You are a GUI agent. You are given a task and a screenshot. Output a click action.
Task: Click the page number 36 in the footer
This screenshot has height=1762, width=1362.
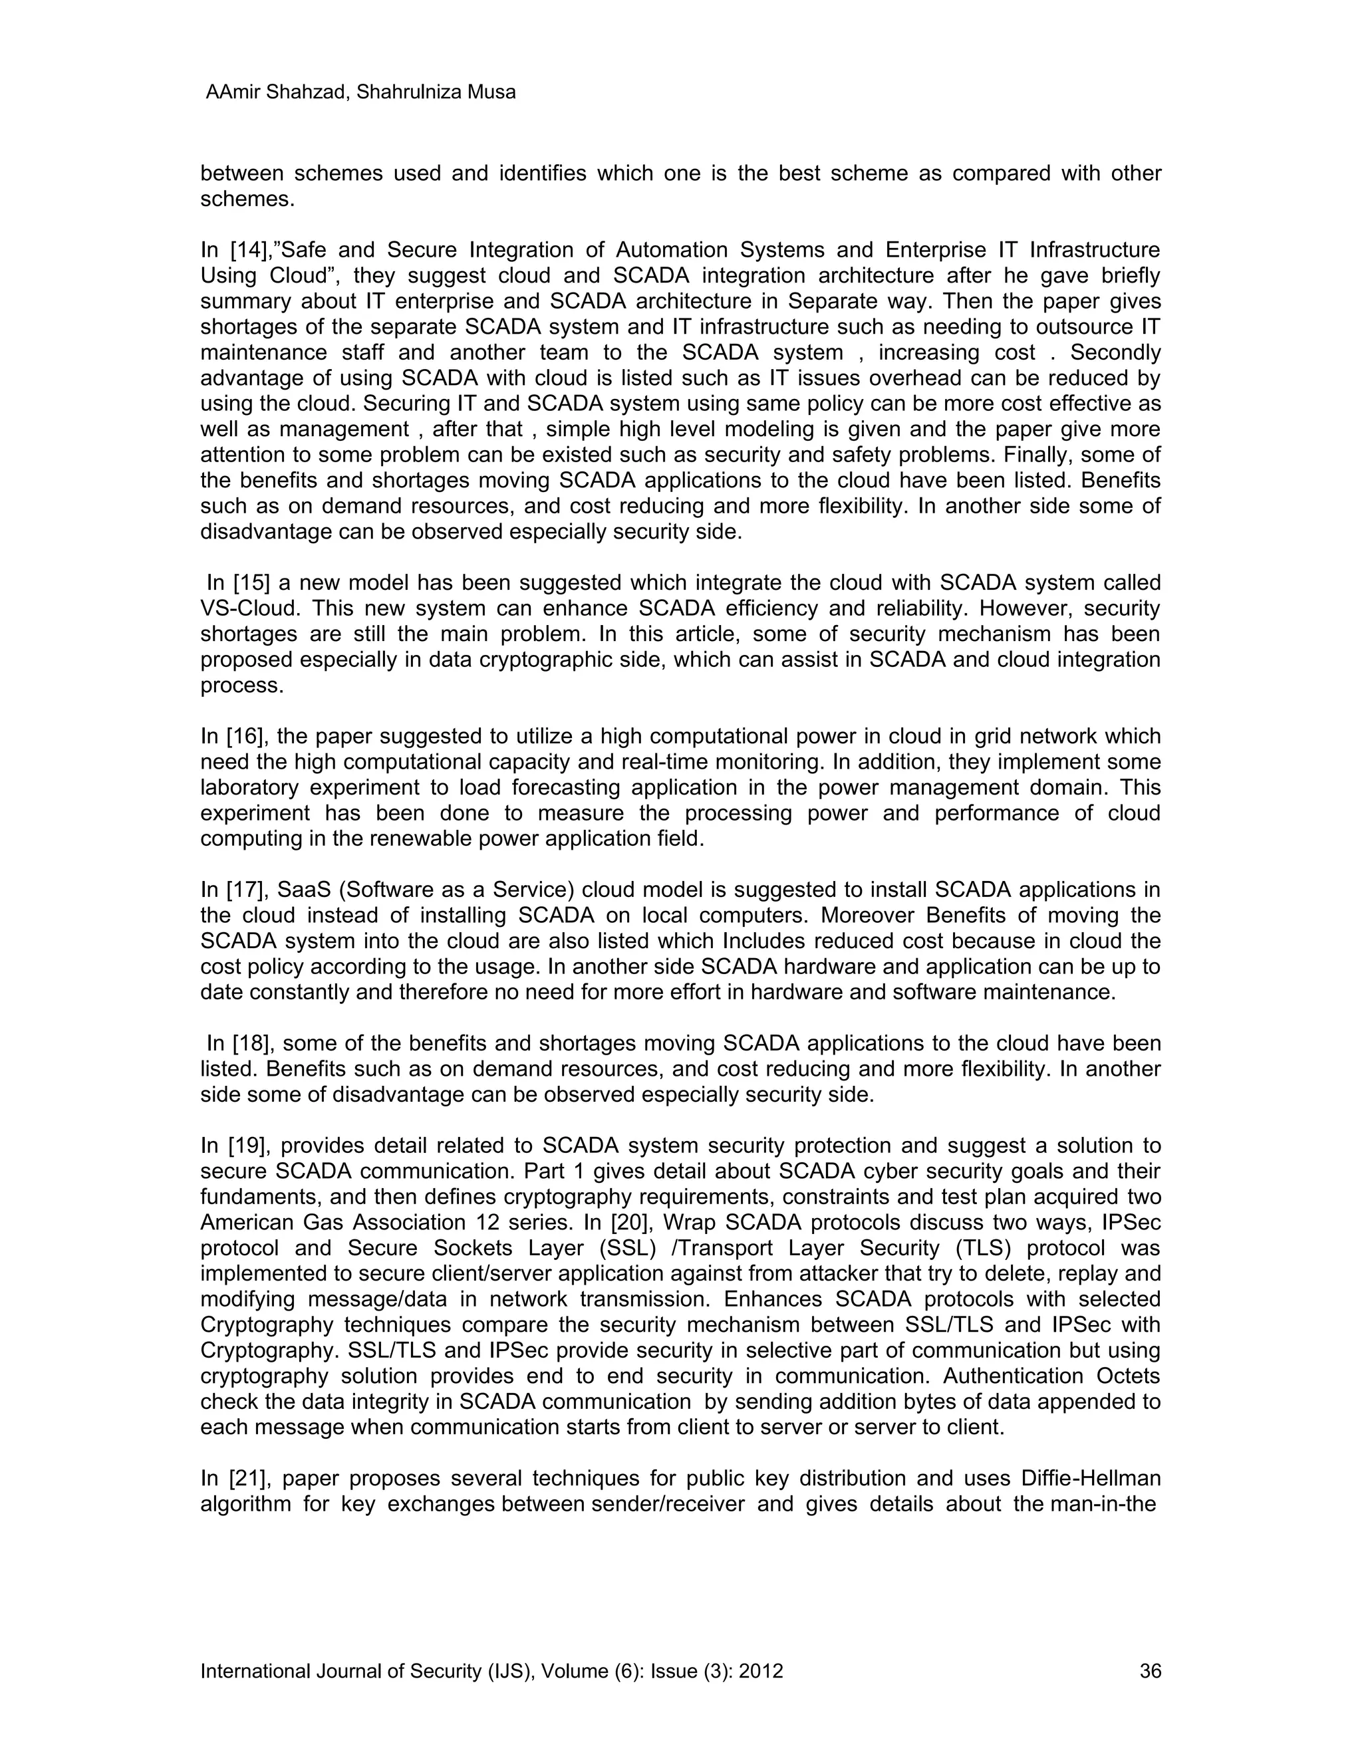(x=1150, y=1671)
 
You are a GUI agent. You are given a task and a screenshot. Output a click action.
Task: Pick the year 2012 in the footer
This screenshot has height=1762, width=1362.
(x=761, y=1671)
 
